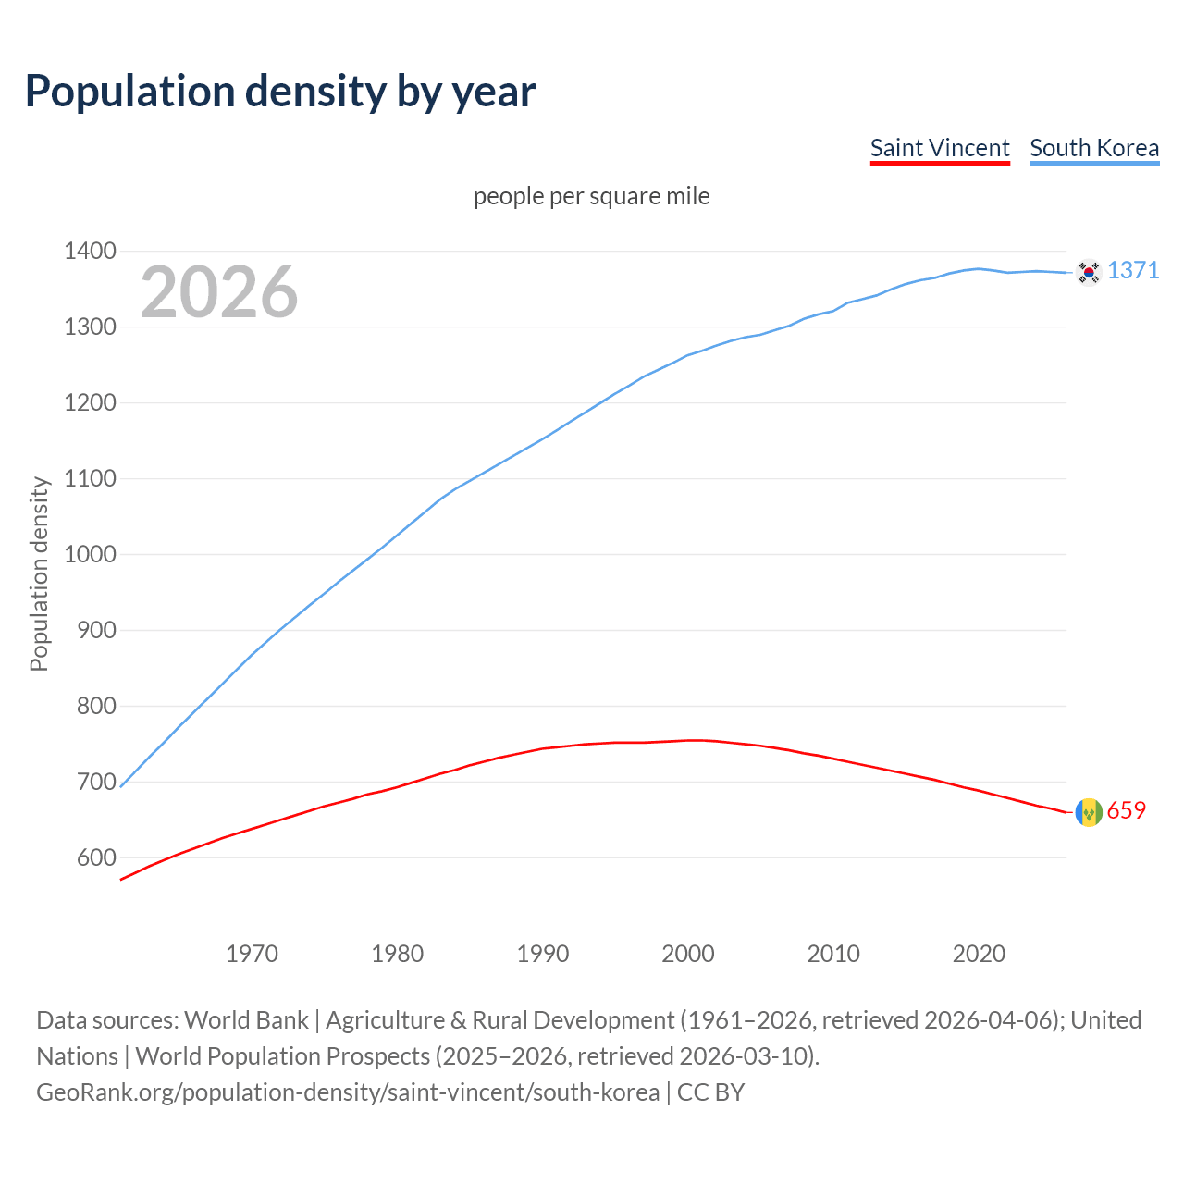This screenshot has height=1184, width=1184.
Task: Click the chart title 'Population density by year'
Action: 280,92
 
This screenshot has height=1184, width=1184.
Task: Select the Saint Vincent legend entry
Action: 940,148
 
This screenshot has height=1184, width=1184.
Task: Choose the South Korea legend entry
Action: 1094,148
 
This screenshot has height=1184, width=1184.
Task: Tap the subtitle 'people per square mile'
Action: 592,196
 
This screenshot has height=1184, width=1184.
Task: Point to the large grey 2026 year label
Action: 219,292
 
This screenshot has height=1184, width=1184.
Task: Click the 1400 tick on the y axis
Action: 90,251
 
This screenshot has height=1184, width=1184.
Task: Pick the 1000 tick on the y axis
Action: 90,554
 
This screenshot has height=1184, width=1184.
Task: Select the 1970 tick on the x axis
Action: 252,954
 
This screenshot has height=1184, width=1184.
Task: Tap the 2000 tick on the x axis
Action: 688,954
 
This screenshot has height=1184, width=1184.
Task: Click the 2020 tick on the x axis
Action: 979,954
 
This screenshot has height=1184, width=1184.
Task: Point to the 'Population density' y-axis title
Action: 39,573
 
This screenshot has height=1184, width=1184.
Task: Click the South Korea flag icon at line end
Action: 1089,271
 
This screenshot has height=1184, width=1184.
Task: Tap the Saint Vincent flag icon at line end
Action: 1089,812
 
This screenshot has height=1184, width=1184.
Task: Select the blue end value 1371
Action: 1133,270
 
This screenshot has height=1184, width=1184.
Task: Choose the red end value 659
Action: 1127,810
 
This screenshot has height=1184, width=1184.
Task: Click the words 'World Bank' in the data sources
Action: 246,1020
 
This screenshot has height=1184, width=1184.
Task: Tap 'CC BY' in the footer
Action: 710,1092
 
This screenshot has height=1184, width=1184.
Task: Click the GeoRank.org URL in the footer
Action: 347,1092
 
